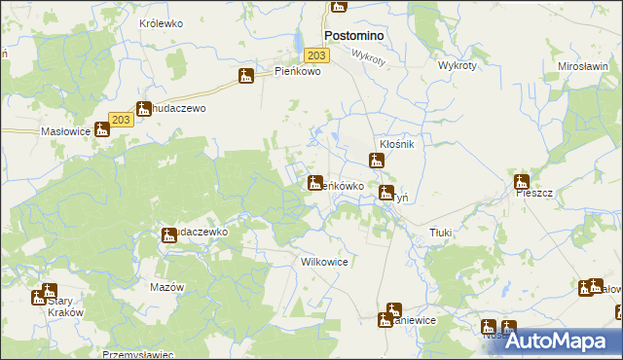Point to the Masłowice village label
point(64,130)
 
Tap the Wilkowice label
point(325,263)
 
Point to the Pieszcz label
point(534,194)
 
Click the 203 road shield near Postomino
point(320,56)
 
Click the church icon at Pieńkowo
point(246,76)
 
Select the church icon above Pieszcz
point(522,181)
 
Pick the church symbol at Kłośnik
point(376,161)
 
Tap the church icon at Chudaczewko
point(168,234)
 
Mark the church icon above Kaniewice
point(393,310)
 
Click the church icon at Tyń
point(386,193)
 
